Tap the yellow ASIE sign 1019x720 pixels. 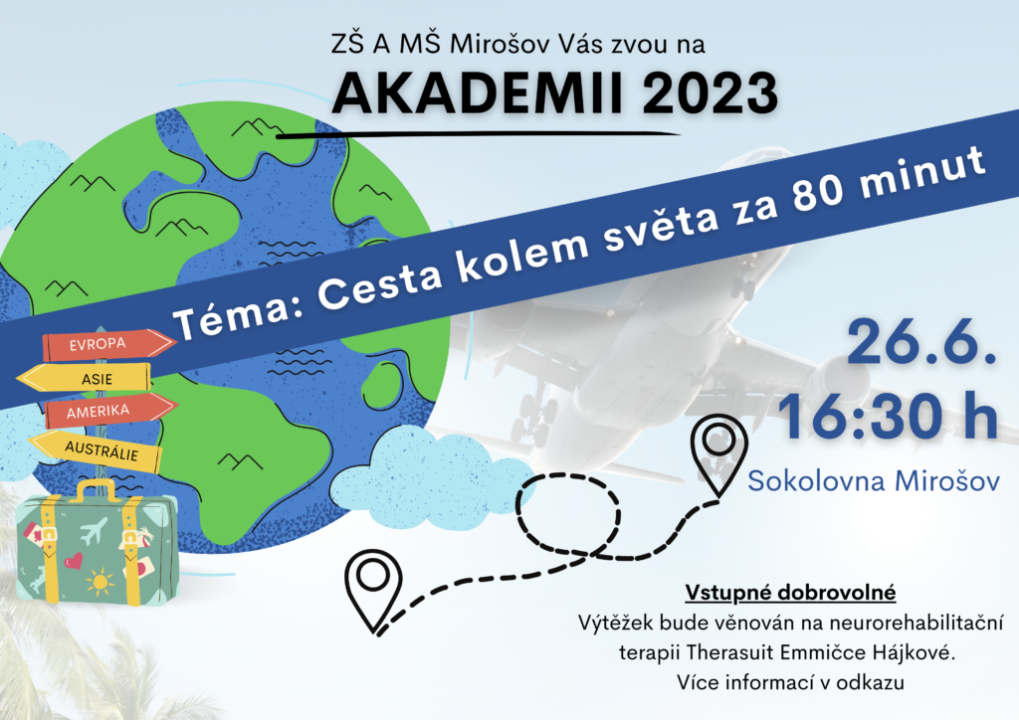coord(85,378)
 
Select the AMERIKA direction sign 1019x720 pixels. coord(110,411)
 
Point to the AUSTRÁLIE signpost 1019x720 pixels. coord(96,450)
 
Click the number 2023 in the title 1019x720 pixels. coord(711,93)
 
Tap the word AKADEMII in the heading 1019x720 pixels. coord(478,93)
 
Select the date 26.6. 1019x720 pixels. coord(921,341)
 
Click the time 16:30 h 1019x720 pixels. coord(887,416)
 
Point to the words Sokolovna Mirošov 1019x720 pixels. coord(874,481)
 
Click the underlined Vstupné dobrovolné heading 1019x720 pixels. coord(790,592)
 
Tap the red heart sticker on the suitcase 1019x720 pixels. coord(73,560)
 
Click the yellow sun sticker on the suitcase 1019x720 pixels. coord(100,581)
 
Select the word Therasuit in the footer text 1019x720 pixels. coord(730,651)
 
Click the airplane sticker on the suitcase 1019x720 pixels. coord(95,530)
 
